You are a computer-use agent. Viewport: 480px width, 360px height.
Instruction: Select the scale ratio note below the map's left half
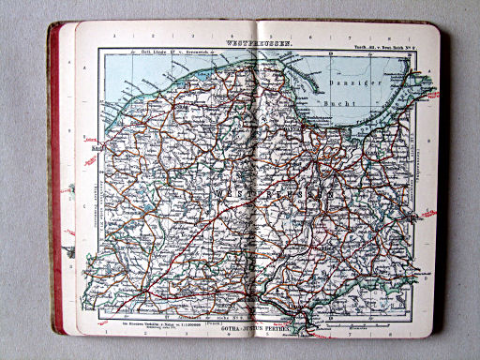point(142,329)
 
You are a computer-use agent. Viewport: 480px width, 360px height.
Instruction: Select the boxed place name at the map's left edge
point(97,147)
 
